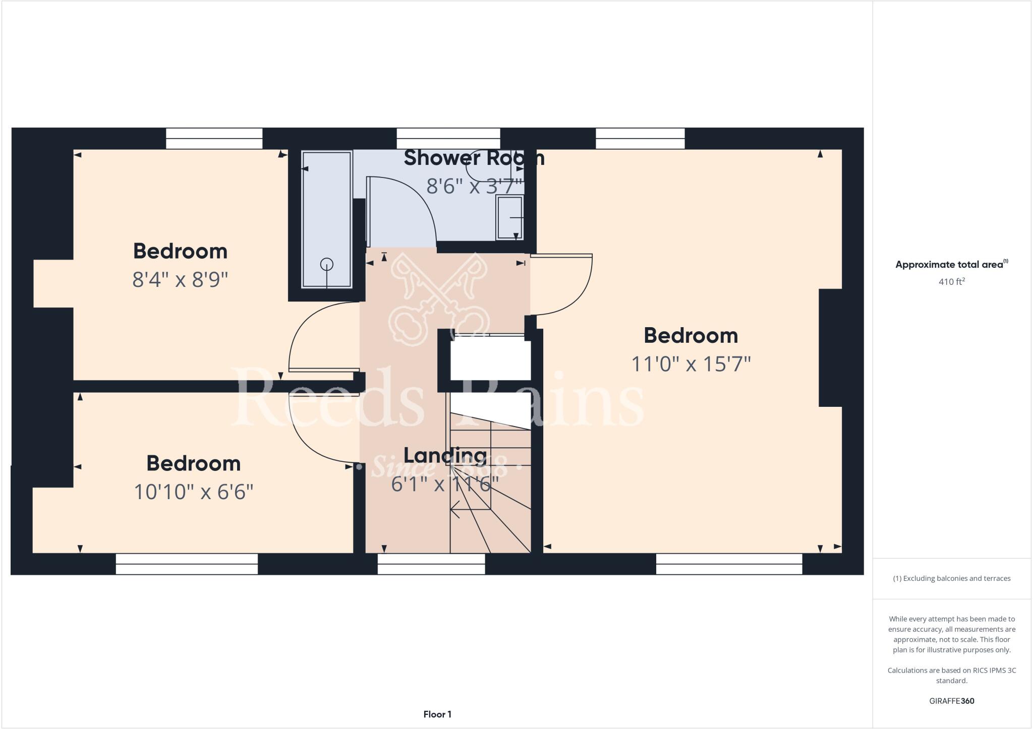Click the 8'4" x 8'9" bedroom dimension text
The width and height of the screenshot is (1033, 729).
(180, 279)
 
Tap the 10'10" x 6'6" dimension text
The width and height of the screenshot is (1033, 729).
(193, 492)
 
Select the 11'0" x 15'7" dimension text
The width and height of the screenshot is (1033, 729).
(691, 363)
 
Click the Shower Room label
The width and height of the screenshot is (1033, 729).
(474, 158)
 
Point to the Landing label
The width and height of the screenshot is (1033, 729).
(445, 456)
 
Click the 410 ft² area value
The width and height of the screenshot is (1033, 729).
(951, 282)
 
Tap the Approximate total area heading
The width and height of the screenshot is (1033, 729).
(951, 265)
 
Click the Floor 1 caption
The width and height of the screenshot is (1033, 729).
(437, 714)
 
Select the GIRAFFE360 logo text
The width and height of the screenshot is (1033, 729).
(951, 701)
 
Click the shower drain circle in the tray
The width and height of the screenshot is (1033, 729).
(327, 264)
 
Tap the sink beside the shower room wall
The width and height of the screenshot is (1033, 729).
(510, 218)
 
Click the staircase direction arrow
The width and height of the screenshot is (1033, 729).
(455, 509)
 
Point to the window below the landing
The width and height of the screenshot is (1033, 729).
(431, 564)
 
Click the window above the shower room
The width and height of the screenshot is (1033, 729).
(448, 138)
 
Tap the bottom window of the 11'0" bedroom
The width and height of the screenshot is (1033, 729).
(729, 564)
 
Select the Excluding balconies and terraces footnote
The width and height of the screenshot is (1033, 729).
(951, 578)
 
